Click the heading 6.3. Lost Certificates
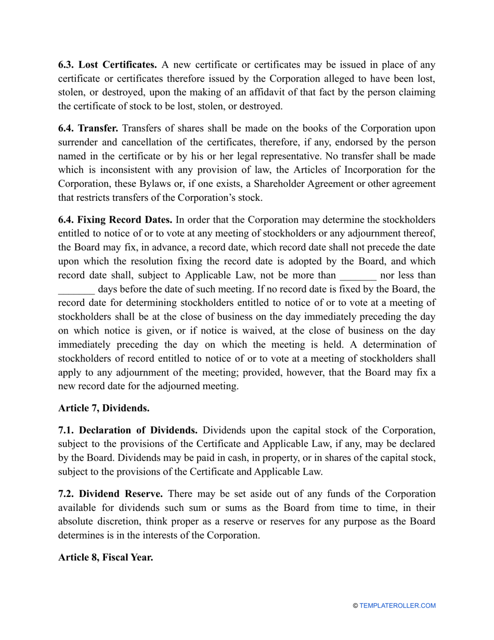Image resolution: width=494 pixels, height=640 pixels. tap(108, 65)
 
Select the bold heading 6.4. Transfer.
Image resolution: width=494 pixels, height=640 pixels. tap(88, 129)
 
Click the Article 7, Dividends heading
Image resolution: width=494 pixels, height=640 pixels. tap(104, 408)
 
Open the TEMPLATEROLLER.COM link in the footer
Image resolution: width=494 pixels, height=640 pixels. tap(397, 606)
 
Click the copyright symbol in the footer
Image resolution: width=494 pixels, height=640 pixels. tap(355, 606)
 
